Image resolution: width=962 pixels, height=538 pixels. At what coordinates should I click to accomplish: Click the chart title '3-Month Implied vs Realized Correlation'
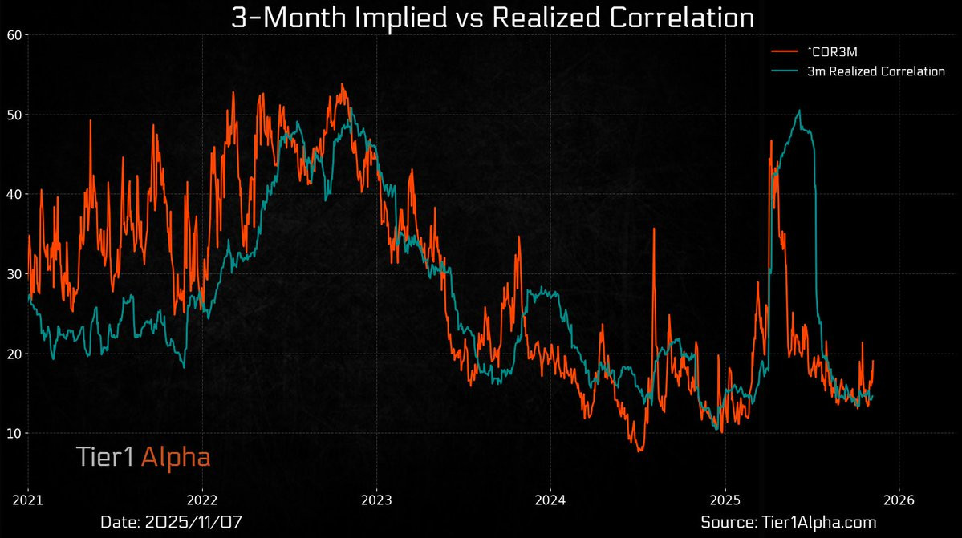pos(492,18)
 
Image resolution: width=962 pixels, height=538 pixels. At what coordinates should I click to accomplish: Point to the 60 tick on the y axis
pos(14,34)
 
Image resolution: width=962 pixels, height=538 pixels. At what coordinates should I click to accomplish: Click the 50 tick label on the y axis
pos(14,115)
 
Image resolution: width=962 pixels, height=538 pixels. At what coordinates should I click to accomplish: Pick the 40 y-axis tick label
pos(14,194)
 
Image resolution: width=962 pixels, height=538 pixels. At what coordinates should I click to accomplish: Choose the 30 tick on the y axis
pos(14,274)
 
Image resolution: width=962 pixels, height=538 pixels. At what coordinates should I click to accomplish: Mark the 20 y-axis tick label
pos(14,354)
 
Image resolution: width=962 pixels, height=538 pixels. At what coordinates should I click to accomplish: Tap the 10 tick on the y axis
pos(14,433)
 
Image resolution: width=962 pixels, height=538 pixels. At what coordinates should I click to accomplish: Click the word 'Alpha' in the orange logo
pos(176,457)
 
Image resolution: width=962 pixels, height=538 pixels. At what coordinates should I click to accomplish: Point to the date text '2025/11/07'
pos(193,522)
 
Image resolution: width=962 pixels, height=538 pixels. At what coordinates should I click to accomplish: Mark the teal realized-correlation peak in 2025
pos(799,111)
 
